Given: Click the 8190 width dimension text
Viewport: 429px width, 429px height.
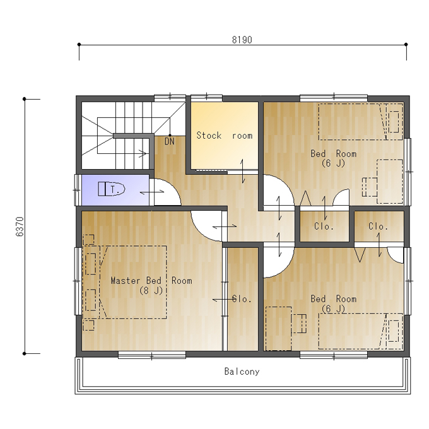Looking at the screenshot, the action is click(x=242, y=40).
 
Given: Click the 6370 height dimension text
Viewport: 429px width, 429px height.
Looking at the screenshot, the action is click(x=20, y=226).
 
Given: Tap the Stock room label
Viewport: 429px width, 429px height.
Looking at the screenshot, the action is click(x=225, y=136).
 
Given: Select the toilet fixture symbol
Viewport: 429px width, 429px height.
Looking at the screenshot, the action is click(x=112, y=189).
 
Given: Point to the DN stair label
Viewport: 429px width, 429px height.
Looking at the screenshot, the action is click(x=170, y=141).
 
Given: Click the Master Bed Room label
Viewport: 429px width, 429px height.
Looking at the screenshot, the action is click(x=151, y=281).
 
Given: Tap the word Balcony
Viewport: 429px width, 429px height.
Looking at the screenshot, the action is click(x=242, y=372).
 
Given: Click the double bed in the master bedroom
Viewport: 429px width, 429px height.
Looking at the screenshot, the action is click(x=133, y=282).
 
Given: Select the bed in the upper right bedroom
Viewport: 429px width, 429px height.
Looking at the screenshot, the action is click(x=361, y=122).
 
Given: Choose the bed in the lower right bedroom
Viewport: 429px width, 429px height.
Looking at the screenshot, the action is click(x=361, y=331).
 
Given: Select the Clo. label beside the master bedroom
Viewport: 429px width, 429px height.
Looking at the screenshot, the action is click(x=242, y=299).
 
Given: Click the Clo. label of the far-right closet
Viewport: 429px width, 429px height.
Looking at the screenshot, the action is click(x=378, y=226).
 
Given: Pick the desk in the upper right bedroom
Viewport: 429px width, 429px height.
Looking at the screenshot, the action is click(x=390, y=182).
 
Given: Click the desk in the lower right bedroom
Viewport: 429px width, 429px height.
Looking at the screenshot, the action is click(x=278, y=329).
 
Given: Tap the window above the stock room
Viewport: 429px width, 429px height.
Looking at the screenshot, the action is click(x=206, y=98).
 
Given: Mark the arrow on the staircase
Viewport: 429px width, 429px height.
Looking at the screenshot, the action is click(x=143, y=153).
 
